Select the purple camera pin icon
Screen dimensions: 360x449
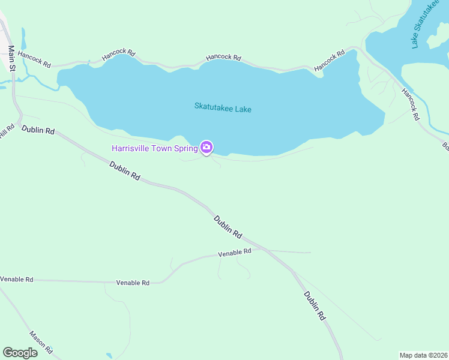(206, 147)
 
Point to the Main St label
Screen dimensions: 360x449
(10, 57)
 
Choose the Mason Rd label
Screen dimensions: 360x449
(41, 342)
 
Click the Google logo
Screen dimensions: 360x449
(20, 353)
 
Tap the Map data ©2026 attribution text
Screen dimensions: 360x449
(423, 355)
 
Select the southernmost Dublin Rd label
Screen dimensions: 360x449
(314, 305)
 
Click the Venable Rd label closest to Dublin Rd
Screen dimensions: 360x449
(234, 253)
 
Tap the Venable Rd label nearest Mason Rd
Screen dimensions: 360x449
(16, 280)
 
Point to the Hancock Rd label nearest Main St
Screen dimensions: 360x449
(34, 58)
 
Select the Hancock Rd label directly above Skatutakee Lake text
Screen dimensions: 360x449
(223, 58)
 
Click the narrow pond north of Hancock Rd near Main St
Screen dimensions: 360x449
(23, 39)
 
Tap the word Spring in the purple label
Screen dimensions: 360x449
(187, 148)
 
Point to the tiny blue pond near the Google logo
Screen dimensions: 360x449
(109, 355)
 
